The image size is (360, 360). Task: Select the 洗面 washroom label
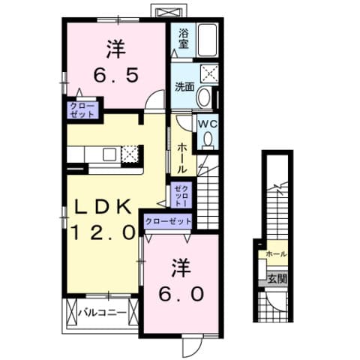click(185, 87)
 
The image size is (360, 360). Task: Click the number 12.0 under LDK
click(103, 232)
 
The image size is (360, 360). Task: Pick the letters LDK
click(103, 206)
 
